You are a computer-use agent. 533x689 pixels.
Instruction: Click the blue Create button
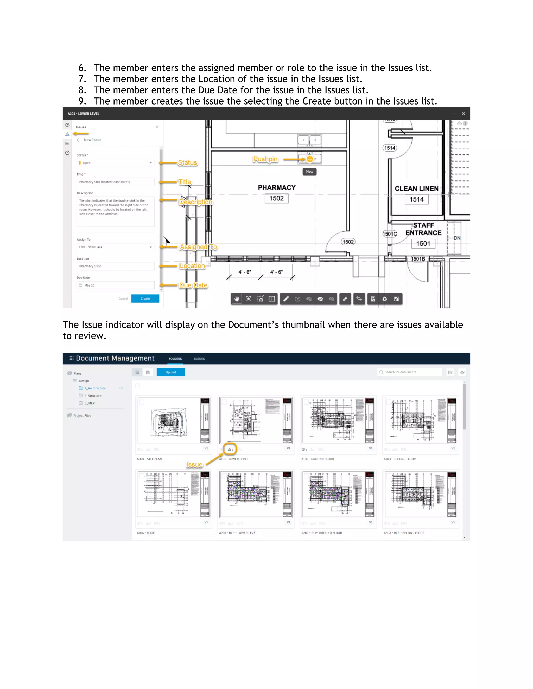click(145, 298)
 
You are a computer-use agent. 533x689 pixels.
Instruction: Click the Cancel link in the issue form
click(123, 298)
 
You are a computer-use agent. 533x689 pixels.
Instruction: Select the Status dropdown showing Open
click(115, 163)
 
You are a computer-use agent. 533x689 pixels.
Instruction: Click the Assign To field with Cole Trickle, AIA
click(115, 247)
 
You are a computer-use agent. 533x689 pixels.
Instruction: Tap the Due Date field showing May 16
click(115, 285)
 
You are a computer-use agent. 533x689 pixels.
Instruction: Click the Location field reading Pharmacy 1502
click(115, 266)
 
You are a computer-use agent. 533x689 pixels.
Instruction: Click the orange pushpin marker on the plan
click(310, 159)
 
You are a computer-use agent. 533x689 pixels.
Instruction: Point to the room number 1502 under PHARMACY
click(276, 198)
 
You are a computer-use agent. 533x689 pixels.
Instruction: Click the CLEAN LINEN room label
click(416, 189)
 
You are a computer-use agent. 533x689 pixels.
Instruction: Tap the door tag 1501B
click(417, 259)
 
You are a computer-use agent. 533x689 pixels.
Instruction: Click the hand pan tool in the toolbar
click(237, 299)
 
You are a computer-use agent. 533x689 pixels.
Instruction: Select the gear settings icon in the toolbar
click(385, 299)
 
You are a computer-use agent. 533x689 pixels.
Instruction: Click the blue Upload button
click(170, 372)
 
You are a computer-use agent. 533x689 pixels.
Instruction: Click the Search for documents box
click(410, 372)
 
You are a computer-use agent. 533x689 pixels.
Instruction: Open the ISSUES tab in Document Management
click(199, 359)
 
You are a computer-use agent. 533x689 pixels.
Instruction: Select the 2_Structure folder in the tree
click(93, 396)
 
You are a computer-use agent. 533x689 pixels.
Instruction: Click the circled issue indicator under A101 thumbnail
click(230, 449)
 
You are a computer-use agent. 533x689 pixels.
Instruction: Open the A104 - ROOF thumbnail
click(173, 494)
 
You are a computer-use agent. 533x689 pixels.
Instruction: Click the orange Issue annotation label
click(194, 465)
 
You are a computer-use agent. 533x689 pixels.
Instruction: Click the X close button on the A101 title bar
click(463, 114)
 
